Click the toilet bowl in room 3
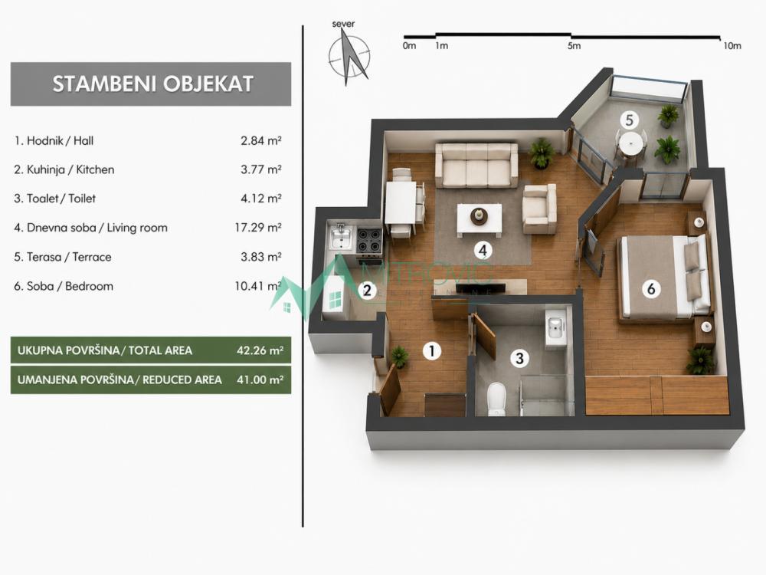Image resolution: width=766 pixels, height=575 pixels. coord(496,399)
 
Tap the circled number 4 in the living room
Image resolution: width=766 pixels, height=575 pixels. coord(483,251)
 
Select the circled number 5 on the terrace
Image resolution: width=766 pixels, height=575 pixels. coord(629,120)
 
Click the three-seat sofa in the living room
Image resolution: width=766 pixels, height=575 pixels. coord(476,166)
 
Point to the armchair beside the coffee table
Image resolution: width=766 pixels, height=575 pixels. coord(539,209)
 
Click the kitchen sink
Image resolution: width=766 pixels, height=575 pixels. coord(341,237)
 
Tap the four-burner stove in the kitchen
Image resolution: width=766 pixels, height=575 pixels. coord(369,240)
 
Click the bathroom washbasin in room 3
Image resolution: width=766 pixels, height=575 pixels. coord(556,327)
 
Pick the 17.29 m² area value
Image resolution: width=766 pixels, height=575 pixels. coord(258,228)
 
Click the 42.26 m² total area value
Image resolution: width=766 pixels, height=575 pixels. coord(260,350)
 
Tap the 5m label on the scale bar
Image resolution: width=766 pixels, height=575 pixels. coord(574,45)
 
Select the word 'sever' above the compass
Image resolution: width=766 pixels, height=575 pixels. coord(343,24)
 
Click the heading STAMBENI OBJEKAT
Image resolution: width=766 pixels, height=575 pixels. coord(152,84)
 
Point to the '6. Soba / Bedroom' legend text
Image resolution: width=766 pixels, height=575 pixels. coord(64,286)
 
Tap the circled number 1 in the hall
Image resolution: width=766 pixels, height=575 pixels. coord(431,350)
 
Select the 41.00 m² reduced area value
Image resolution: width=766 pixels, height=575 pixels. coord(260,379)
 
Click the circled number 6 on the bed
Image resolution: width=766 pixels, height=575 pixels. coord(650,288)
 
